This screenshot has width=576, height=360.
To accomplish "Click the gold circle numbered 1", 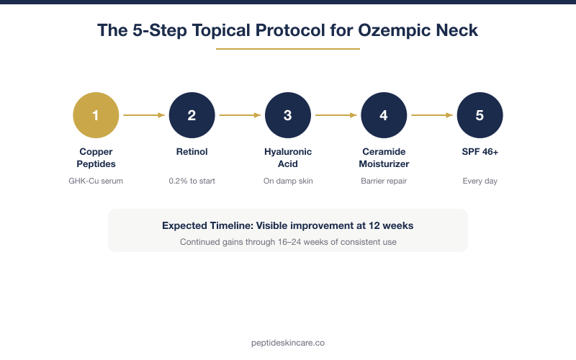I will click(x=96, y=115).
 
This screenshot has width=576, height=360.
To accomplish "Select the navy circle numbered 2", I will click(x=192, y=115).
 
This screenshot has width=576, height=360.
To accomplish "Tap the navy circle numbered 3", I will click(x=288, y=115).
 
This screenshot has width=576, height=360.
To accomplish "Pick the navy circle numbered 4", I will click(x=384, y=115).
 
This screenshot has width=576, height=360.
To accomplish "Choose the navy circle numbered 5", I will click(x=480, y=115).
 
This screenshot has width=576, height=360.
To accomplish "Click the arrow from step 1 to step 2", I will click(x=144, y=115).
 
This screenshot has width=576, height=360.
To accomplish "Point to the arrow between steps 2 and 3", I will click(x=240, y=115).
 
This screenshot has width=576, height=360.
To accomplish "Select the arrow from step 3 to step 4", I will click(x=336, y=115).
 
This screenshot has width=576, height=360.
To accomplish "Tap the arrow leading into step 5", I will click(x=432, y=115).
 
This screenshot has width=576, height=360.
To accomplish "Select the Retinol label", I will click(x=192, y=153).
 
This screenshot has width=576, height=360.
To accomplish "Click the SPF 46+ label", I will click(x=480, y=153).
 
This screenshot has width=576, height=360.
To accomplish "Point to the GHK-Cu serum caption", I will click(x=96, y=181).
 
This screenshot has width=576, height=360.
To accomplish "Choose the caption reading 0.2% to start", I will click(x=192, y=181).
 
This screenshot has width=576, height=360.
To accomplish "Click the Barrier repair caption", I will click(x=384, y=181).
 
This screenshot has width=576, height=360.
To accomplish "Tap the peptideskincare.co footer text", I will click(x=288, y=343).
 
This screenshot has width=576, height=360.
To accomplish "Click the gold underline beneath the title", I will click(x=288, y=49).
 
